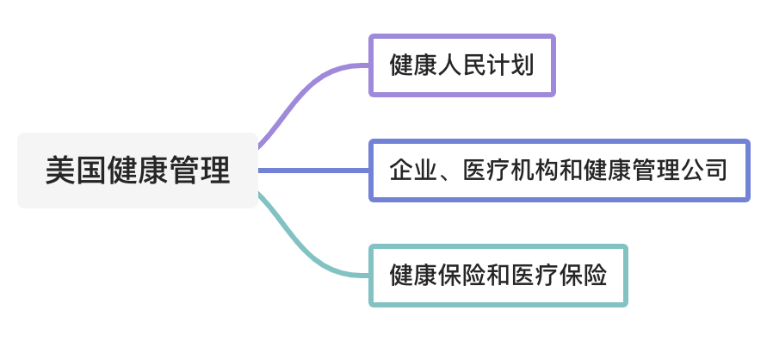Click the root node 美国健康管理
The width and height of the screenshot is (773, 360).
[138, 171]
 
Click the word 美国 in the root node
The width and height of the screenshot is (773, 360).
[77, 171]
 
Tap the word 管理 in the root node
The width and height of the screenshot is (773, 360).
[200, 171]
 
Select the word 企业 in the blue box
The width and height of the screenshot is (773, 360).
[414, 171]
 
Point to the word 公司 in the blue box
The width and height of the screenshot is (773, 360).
[703, 171]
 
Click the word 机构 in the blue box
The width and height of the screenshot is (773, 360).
[535, 171]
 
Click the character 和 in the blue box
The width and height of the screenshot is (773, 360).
[571, 171]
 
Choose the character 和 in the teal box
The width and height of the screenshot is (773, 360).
[498, 276]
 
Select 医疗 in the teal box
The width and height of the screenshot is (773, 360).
[535, 276]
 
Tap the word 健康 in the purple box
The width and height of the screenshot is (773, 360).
[414, 65]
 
